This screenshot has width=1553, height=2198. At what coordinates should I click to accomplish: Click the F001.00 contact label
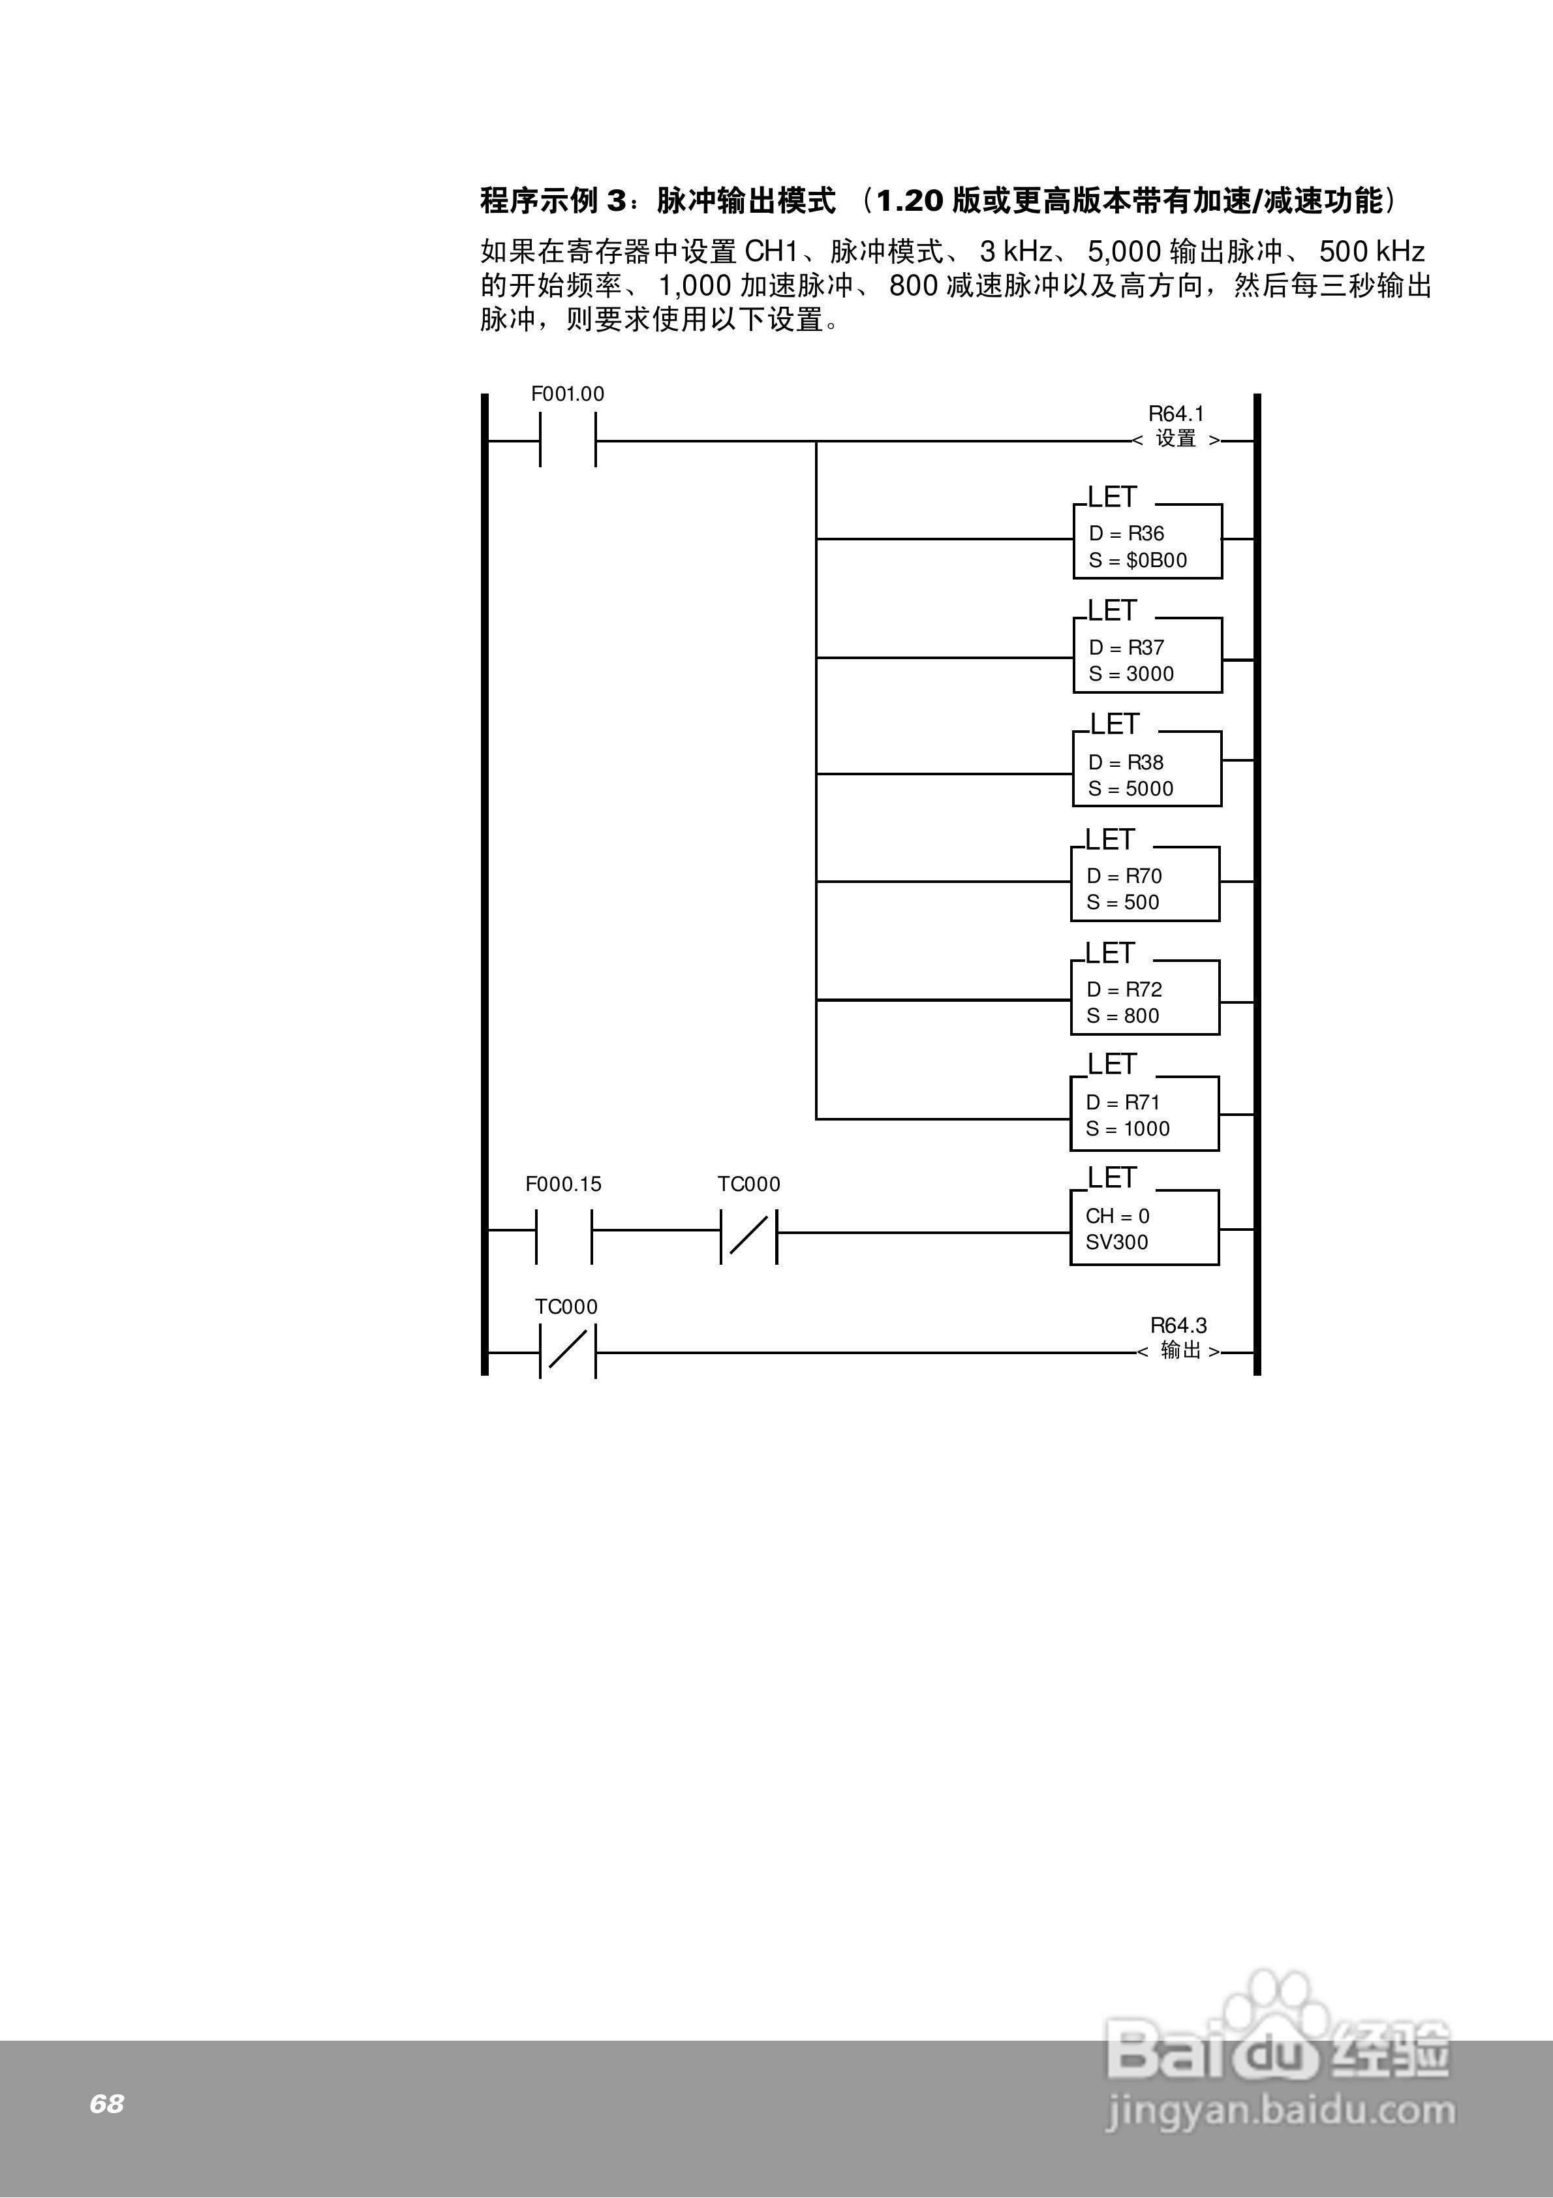pyautogui.click(x=568, y=394)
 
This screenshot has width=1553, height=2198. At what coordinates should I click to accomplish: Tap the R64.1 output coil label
pyautogui.click(x=1176, y=414)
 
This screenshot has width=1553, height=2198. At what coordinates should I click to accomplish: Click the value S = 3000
pyautogui.click(x=1131, y=674)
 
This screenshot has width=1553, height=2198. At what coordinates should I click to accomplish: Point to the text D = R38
pyautogui.click(x=1126, y=762)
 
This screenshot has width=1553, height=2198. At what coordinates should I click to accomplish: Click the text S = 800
pyautogui.click(x=1122, y=1015)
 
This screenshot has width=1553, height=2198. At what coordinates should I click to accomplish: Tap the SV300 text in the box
pyautogui.click(x=1116, y=1242)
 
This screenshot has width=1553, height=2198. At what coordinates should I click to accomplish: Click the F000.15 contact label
pyautogui.click(x=563, y=1184)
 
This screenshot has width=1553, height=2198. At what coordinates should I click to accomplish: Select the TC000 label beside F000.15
pyautogui.click(x=748, y=1184)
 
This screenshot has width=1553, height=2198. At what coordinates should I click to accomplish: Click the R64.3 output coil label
pyautogui.click(x=1178, y=1326)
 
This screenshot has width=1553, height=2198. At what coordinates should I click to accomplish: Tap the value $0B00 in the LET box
pyautogui.click(x=1157, y=560)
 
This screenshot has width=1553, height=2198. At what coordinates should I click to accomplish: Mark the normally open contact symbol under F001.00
pyautogui.click(x=568, y=441)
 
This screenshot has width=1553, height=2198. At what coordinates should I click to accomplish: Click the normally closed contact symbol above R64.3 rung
pyautogui.click(x=568, y=1352)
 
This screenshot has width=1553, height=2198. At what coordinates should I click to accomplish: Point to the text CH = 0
pyautogui.click(x=1117, y=1216)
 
